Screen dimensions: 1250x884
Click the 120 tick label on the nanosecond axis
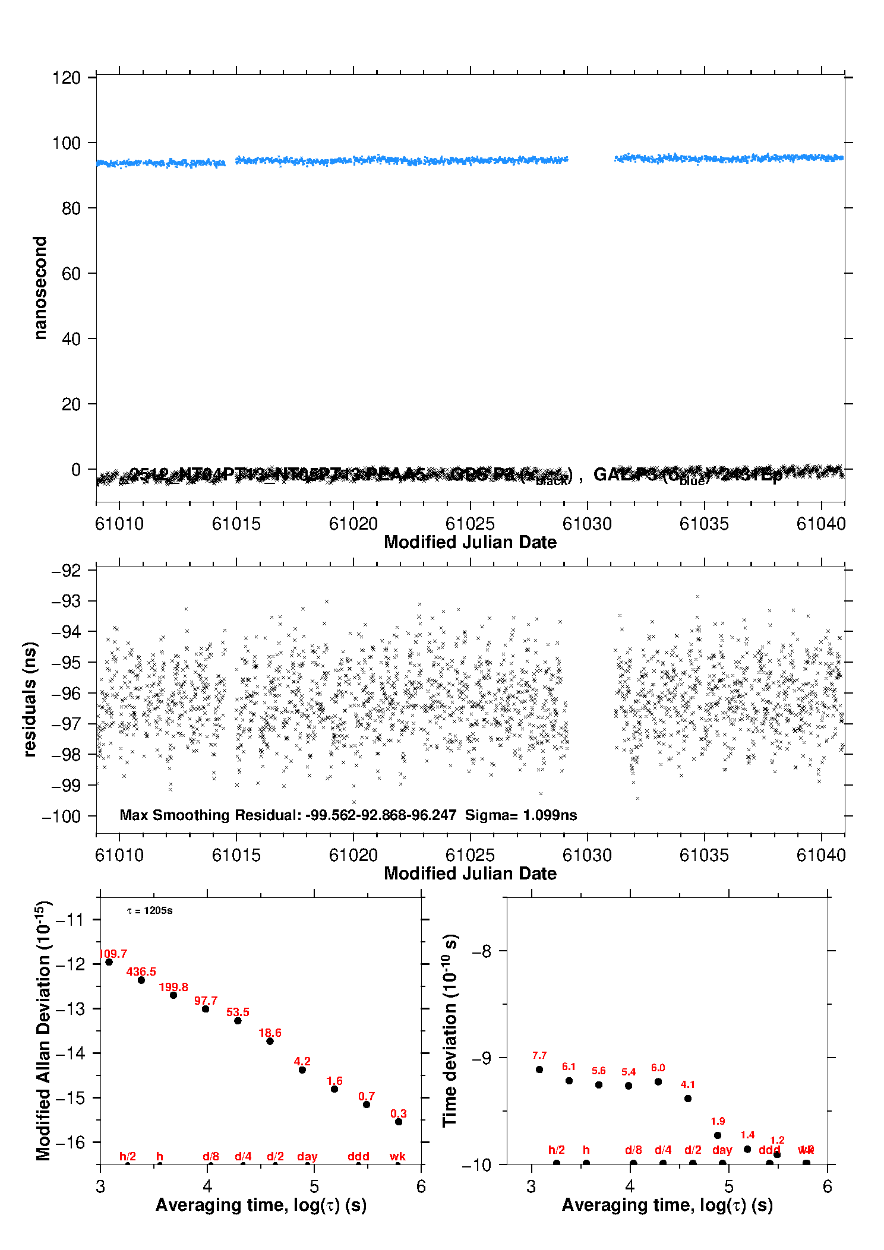66,78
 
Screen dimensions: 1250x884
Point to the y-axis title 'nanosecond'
40,287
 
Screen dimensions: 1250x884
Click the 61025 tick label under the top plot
469,524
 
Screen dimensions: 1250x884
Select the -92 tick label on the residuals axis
66,571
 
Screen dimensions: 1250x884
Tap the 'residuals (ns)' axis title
30,699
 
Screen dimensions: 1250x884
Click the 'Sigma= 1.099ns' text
520,815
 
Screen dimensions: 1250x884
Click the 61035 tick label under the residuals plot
703,855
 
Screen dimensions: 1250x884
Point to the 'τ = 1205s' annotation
150,911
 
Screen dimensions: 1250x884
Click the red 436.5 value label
141,972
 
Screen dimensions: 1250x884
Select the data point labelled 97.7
206,1009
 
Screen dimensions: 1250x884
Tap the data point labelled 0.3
399,1122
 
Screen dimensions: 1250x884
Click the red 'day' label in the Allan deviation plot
307,1156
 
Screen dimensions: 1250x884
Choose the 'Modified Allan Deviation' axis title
43,1030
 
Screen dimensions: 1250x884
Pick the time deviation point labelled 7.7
539,1069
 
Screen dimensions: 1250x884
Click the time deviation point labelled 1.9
718,1135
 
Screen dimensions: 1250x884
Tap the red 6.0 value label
658,1068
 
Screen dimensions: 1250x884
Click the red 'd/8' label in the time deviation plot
633,1150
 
